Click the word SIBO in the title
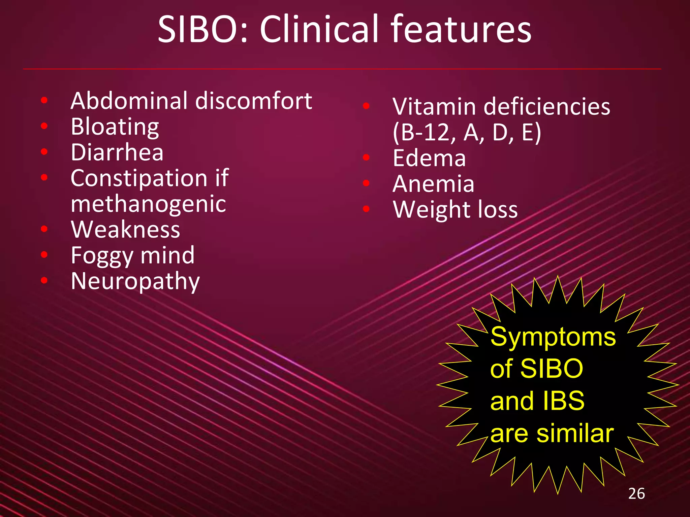pos(203,30)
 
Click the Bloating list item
pos(115,127)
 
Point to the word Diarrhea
pos(117,152)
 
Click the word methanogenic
pos(148,204)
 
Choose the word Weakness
pos(125,230)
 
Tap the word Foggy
pos(102,256)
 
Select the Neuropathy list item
pos(135,281)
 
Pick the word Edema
pos(429,158)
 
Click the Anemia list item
pos(433,184)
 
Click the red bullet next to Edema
pos(366,157)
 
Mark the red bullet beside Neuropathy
pos(44,280)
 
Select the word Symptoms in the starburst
pos(553,337)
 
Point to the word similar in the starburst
pos(575,434)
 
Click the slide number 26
pos(636,494)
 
